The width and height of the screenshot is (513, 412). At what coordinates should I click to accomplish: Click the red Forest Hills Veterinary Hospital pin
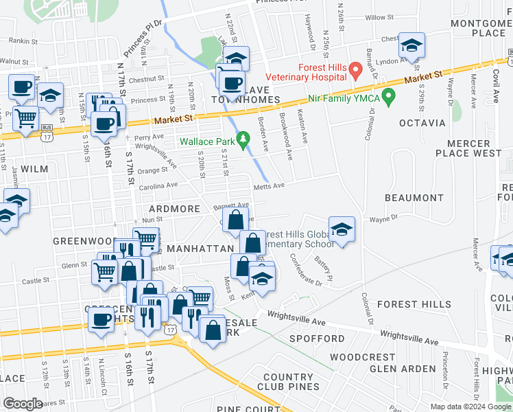[x=355, y=70]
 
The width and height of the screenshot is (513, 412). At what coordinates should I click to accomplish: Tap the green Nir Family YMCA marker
[x=389, y=96]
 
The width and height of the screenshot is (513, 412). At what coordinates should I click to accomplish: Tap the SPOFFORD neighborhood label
[x=317, y=339]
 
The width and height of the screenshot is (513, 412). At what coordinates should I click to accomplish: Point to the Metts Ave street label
[x=269, y=185]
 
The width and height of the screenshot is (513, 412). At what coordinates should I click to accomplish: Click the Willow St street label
[x=379, y=17]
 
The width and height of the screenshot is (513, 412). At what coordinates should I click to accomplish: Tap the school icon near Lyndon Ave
[x=411, y=47]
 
